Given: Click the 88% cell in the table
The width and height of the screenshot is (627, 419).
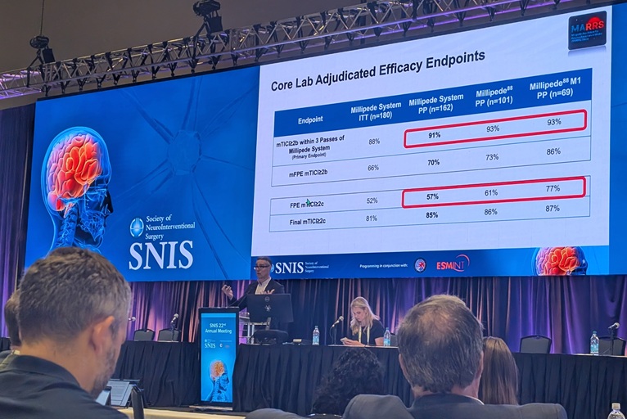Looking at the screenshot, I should click(374, 141).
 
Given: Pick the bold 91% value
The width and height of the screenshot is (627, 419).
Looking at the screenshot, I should click(434, 135).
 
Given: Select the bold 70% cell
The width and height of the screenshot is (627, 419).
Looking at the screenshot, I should click(433, 163).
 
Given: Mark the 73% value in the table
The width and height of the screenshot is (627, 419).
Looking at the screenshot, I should click(492, 157).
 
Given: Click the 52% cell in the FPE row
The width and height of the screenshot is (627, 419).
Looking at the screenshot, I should click(372, 200).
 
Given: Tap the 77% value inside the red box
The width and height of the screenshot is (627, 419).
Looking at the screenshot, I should click(553, 188).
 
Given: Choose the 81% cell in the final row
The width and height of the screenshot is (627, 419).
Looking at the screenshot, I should click(372, 219).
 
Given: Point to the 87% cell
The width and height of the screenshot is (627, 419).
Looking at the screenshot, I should click(553, 209).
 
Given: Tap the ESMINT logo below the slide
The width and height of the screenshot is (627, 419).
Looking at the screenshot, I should click(453, 263).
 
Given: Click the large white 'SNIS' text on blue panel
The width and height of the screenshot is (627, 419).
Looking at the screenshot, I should click(160, 255).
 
